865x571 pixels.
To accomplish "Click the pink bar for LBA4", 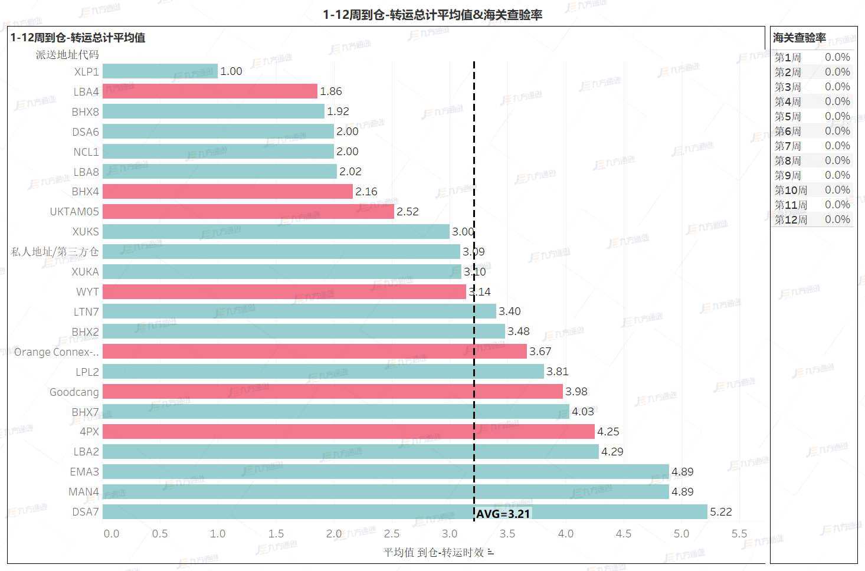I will click(x=209, y=91).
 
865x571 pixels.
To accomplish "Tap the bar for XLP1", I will click(x=160, y=71).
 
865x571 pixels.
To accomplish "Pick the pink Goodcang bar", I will click(x=332, y=391).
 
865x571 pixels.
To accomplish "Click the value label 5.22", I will click(x=721, y=511).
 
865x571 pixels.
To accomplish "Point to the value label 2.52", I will click(x=407, y=211).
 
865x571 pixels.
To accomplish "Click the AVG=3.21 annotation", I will click(x=503, y=514).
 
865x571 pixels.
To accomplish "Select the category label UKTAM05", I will click(x=74, y=211).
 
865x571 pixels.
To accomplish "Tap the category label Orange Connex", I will click(x=57, y=352).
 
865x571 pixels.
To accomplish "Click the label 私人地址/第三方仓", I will click(x=55, y=251).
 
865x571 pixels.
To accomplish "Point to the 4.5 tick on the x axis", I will click(x=623, y=533).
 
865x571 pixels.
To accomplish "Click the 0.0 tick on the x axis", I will click(x=111, y=533).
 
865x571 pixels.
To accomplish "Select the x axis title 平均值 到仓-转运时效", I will click(x=434, y=552).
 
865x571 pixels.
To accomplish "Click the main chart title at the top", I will click(x=432, y=14).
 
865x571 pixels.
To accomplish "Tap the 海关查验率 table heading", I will click(x=799, y=38).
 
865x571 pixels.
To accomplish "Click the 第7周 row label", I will click(x=788, y=146).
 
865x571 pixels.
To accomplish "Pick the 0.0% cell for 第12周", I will click(x=837, y=219).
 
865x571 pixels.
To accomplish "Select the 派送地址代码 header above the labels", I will click(x=67, y=54).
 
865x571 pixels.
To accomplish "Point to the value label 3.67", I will click(x=540, y=351).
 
